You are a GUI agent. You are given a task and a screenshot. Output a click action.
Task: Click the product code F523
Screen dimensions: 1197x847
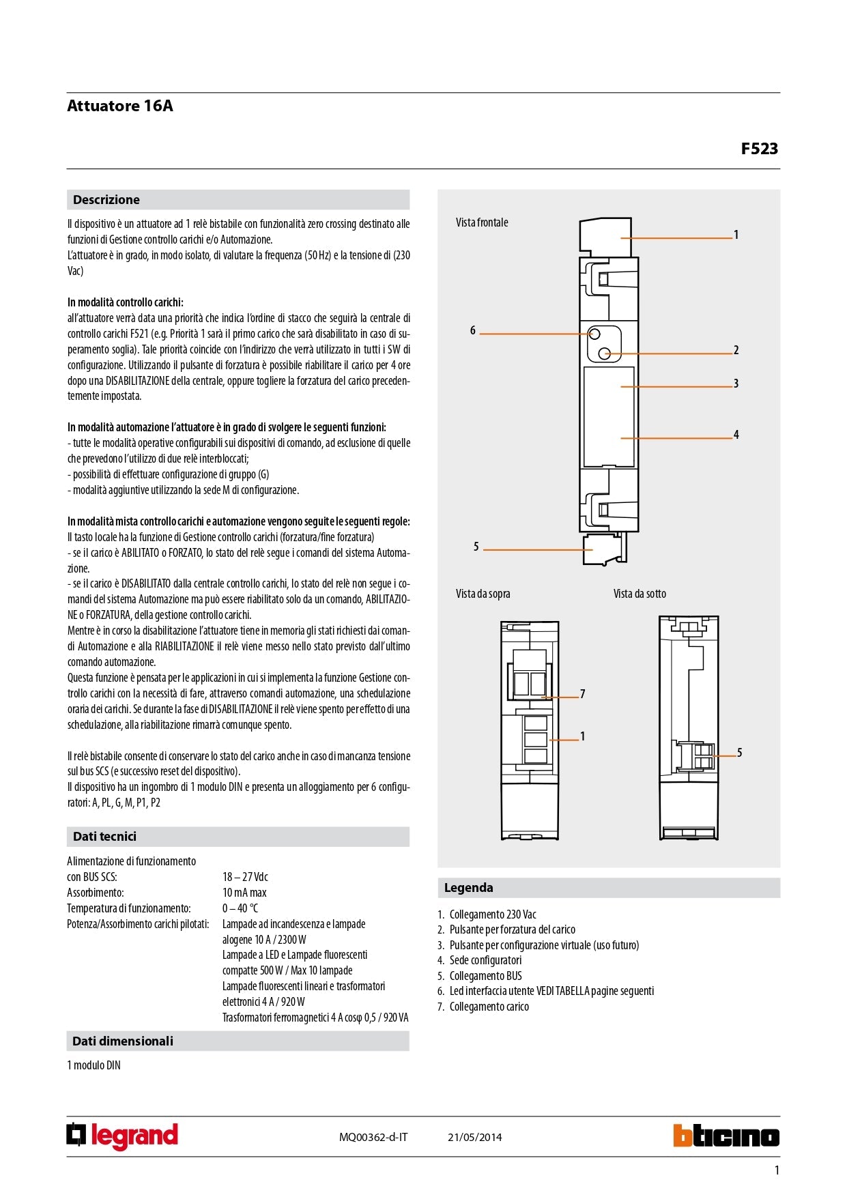[759, 149]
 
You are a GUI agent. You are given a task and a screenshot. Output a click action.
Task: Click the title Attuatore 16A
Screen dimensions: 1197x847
[120, 106]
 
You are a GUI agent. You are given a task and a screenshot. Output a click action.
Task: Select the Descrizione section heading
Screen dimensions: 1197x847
[106, 200]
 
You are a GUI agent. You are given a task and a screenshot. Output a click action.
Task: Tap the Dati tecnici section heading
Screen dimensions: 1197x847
[104, 837]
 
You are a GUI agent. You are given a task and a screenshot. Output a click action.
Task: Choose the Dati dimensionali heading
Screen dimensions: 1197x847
[123, 1041]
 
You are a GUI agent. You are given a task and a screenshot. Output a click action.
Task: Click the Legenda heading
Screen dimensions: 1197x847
[468, 888]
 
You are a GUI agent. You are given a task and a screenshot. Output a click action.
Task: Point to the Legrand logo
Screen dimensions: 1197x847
[122, 1136]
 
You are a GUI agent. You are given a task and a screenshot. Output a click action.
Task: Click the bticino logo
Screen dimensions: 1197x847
[726, 1136]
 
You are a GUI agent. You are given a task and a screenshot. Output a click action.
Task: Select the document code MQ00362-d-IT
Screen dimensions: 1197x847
[373, 1137]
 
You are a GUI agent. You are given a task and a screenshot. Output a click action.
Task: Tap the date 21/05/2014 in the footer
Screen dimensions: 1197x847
[474, 1137]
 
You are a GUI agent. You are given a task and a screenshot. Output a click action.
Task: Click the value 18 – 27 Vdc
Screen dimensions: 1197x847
[245, 877]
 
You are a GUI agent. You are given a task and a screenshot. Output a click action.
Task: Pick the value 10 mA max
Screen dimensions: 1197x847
[244, 893]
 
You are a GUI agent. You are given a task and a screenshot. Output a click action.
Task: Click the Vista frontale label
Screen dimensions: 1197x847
[482, 222]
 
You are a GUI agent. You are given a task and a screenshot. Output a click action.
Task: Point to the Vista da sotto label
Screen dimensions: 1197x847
[640, 594]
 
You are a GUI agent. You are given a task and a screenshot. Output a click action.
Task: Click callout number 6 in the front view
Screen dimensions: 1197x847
[472, 331]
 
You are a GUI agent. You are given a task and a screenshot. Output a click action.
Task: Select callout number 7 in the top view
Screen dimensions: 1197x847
[582, 694]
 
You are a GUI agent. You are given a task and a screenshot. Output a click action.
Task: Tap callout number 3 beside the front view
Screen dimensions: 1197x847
[736, 384]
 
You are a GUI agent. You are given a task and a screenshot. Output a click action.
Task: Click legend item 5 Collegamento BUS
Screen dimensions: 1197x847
[485, 976]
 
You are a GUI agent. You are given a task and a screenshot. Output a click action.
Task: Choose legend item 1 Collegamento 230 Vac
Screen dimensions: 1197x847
[492, 914]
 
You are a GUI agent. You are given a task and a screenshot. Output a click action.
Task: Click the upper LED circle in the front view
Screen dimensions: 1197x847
[594, 334]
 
